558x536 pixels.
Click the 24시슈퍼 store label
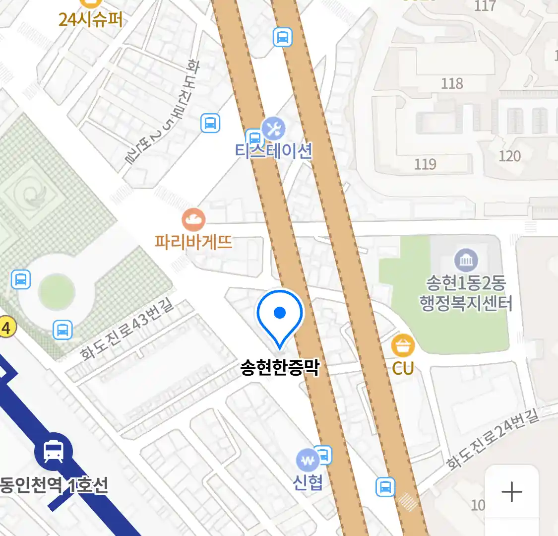pyautogui.click(x=90, y=19)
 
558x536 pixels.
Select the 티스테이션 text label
pyautogui.click(x=274, y=150)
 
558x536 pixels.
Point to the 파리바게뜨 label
pyautogui.click(x=193, y=242)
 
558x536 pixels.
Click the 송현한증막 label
pyautogui.click(x=280, y=368)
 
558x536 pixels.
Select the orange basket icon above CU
pyautogui.click(x=403, y=346)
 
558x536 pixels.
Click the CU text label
pyautogui.click(x=403, y=368)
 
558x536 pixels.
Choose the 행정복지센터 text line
pyautogui.click(x=466, y=303)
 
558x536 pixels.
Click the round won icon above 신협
pyautogui.click(x=308, y=461)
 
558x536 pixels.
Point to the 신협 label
pyautogui.click(x=308, y=482)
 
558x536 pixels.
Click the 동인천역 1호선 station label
pyautogui.click(x=54, y=485)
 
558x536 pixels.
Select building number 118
pyautogui.click(x=452, y=83)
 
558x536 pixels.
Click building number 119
pyautogui.click(x=425, y=164)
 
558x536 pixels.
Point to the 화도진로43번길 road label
pyautogui.click(x=127, y=329)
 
